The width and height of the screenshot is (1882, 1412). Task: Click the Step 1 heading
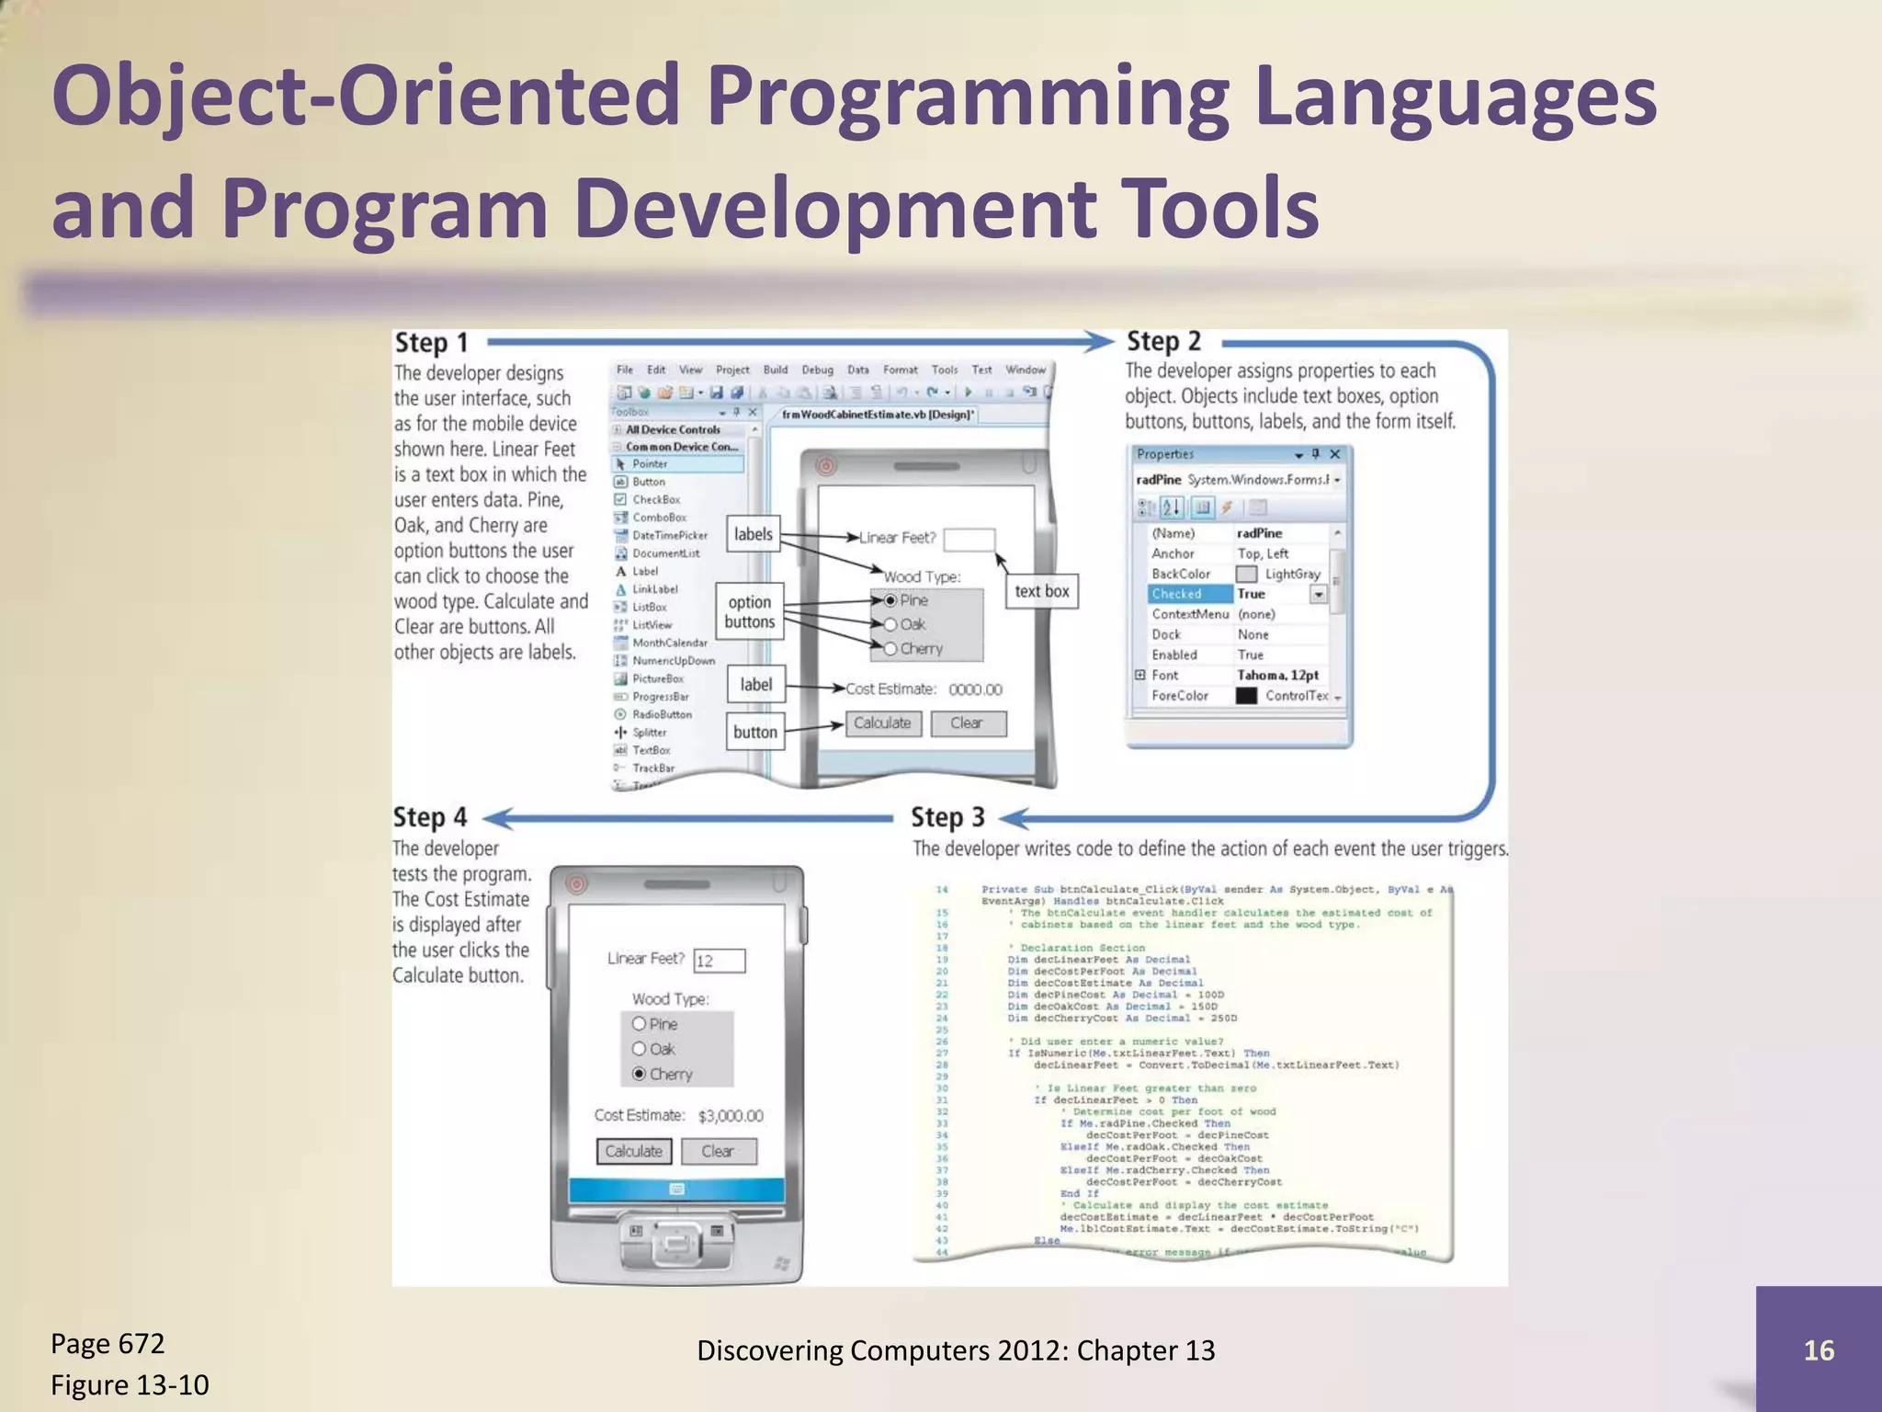pyautogui.click(x=431, y=343)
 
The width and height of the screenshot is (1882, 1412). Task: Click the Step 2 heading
pyautogui.click(x=1163, y=341)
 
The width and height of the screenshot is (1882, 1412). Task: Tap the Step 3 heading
pyautogui.click(x=947, y=817)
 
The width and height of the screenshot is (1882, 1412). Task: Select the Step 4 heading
pyautogui.click(x=430, y=817)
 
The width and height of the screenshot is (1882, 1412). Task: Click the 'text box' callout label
pyautogui.click(x=1041, y=591)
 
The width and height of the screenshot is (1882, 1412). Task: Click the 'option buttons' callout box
pyautogui.click(x=750, y=611)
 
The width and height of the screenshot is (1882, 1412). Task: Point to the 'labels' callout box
pyautogui.click(x=754, y=534)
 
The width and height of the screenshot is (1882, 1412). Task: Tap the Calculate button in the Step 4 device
pyautogui.click(x=634, y=1151)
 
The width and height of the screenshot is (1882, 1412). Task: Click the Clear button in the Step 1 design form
pyautogui.click(x=968, y=723)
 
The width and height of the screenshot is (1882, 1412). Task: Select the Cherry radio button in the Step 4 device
pyautogui.click(x=640, y=1074)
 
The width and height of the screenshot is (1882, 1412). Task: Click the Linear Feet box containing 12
pyautogui.click(x=719, y=961)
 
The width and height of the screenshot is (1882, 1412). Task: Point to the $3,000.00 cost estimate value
pyautogui.click(x=731, y=1116)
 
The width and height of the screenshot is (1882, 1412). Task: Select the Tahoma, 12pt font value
pyautogui.click(x=1277, y=675)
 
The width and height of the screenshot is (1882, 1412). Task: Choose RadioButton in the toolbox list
pyautogui.click(x=661, y=714)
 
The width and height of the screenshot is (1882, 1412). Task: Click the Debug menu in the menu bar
pyautogui.click(x=817, y=370)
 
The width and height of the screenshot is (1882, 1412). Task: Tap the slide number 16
pyautogui.click(x=1818, y=1349)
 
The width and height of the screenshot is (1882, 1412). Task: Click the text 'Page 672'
pyautogui.click(x=108, y=1344)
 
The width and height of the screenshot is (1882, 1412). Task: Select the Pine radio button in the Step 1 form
pyautogui.click(x=890, y=600)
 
